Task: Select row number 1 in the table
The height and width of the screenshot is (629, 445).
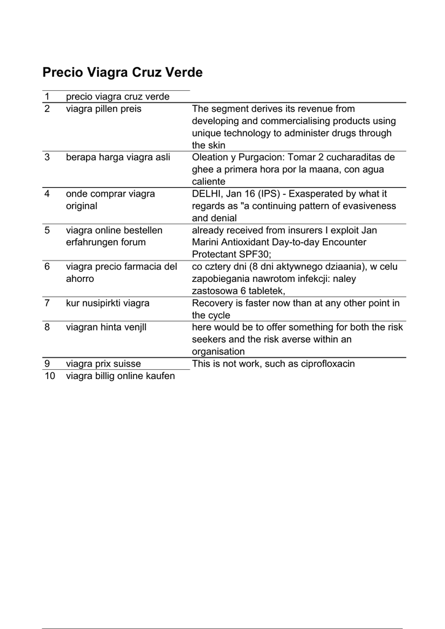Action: [x=47, y=96]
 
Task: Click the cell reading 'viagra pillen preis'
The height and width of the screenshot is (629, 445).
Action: [x=103, y=109]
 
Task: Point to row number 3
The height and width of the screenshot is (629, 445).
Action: [x=47, y=157]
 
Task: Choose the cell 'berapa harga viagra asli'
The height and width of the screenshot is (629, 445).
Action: [x=118, y=157]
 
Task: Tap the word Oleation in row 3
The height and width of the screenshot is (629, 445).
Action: [x=212, y=157]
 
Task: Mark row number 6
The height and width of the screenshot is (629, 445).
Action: [x=47, y=267]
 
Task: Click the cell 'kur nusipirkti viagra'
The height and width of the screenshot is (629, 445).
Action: [x=107, y=303]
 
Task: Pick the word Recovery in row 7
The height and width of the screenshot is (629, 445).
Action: [x=212, y=303]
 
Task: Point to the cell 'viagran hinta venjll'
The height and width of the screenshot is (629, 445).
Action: [x=106, y=327]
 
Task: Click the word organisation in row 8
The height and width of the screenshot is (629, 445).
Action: [x=219, y=351]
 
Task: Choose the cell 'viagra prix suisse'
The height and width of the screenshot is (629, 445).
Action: [x=103, y=364]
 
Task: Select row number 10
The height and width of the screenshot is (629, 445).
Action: [x=49, y=376]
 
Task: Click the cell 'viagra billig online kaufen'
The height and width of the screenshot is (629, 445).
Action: [x=120, y=376]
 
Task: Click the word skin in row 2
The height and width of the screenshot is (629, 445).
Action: [x=217, y=145]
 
